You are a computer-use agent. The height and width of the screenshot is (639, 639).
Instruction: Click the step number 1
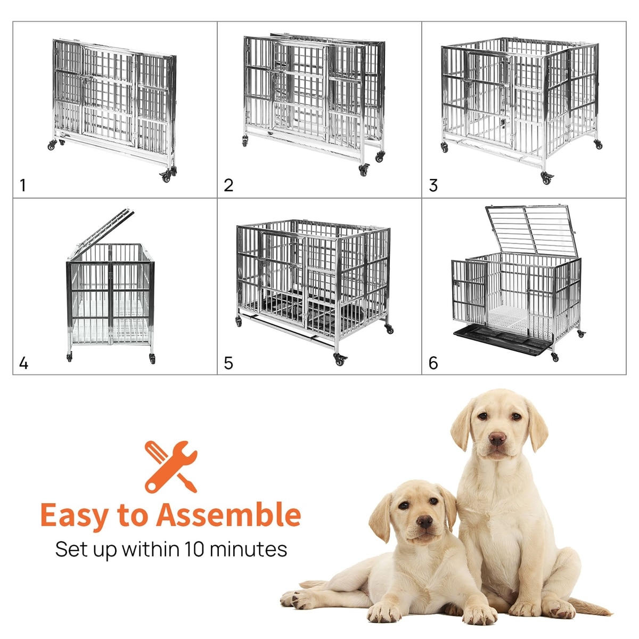[22, 185]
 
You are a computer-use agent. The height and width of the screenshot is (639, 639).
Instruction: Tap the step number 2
[228, 185]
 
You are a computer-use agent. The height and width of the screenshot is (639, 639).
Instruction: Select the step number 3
[433, 185]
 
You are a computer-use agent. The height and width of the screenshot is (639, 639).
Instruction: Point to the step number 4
[23, 363]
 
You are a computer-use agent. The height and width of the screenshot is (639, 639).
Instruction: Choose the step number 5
[228, 363]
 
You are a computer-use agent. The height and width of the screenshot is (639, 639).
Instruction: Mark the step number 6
[433, 363]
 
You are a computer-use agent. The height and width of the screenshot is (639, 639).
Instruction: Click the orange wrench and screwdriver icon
[171, 466]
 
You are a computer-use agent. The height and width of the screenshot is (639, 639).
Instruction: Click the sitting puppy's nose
[497, 439]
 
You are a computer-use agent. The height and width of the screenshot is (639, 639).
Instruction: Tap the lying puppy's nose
[424, 522]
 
